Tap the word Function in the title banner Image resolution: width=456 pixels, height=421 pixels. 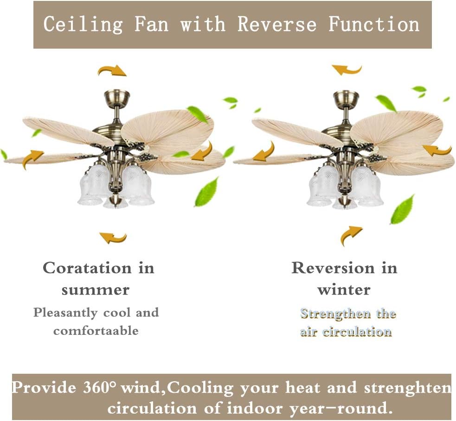pyautogui.click(x=374, y=24)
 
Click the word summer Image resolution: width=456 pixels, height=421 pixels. pyautogui.click(x=95, y=290)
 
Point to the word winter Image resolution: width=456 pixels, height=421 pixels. pyautogui.click(x=344, y=290)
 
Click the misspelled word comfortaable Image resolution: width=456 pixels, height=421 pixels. pyautogui.click(x=96, y=331)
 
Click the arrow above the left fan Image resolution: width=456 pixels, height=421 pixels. pyautogui.click(x=112, y=70)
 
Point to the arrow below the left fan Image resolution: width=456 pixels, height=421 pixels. pyautogui.click(x=113, y=238)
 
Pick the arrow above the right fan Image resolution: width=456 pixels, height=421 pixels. pyautogui.click(x=347, y=70)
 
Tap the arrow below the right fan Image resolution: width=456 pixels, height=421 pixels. pyautogui.click(x=351, y=235)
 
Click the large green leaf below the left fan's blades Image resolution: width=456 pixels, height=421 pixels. pyautogui.click(x=206, y=192)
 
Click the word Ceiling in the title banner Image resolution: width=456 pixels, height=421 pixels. pyautogui.click(x=83, y=24)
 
